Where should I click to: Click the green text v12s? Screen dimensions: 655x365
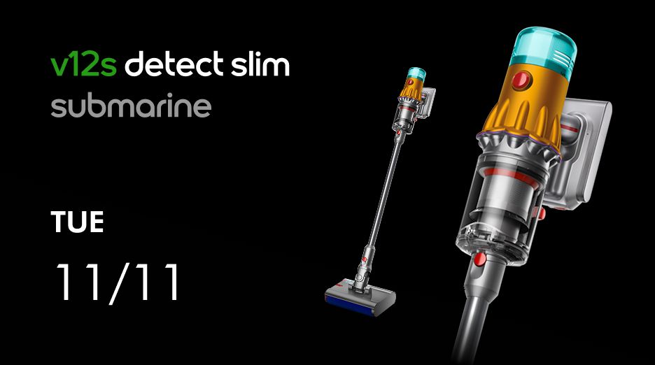[x=83, y=65]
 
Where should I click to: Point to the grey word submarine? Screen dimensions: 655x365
[x=131, y=106]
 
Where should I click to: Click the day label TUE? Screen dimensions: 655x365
[x=77, y=222]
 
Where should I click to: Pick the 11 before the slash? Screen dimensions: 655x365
[x=80, y=282]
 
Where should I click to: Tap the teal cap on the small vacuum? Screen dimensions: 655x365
[x=416, y=73]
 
